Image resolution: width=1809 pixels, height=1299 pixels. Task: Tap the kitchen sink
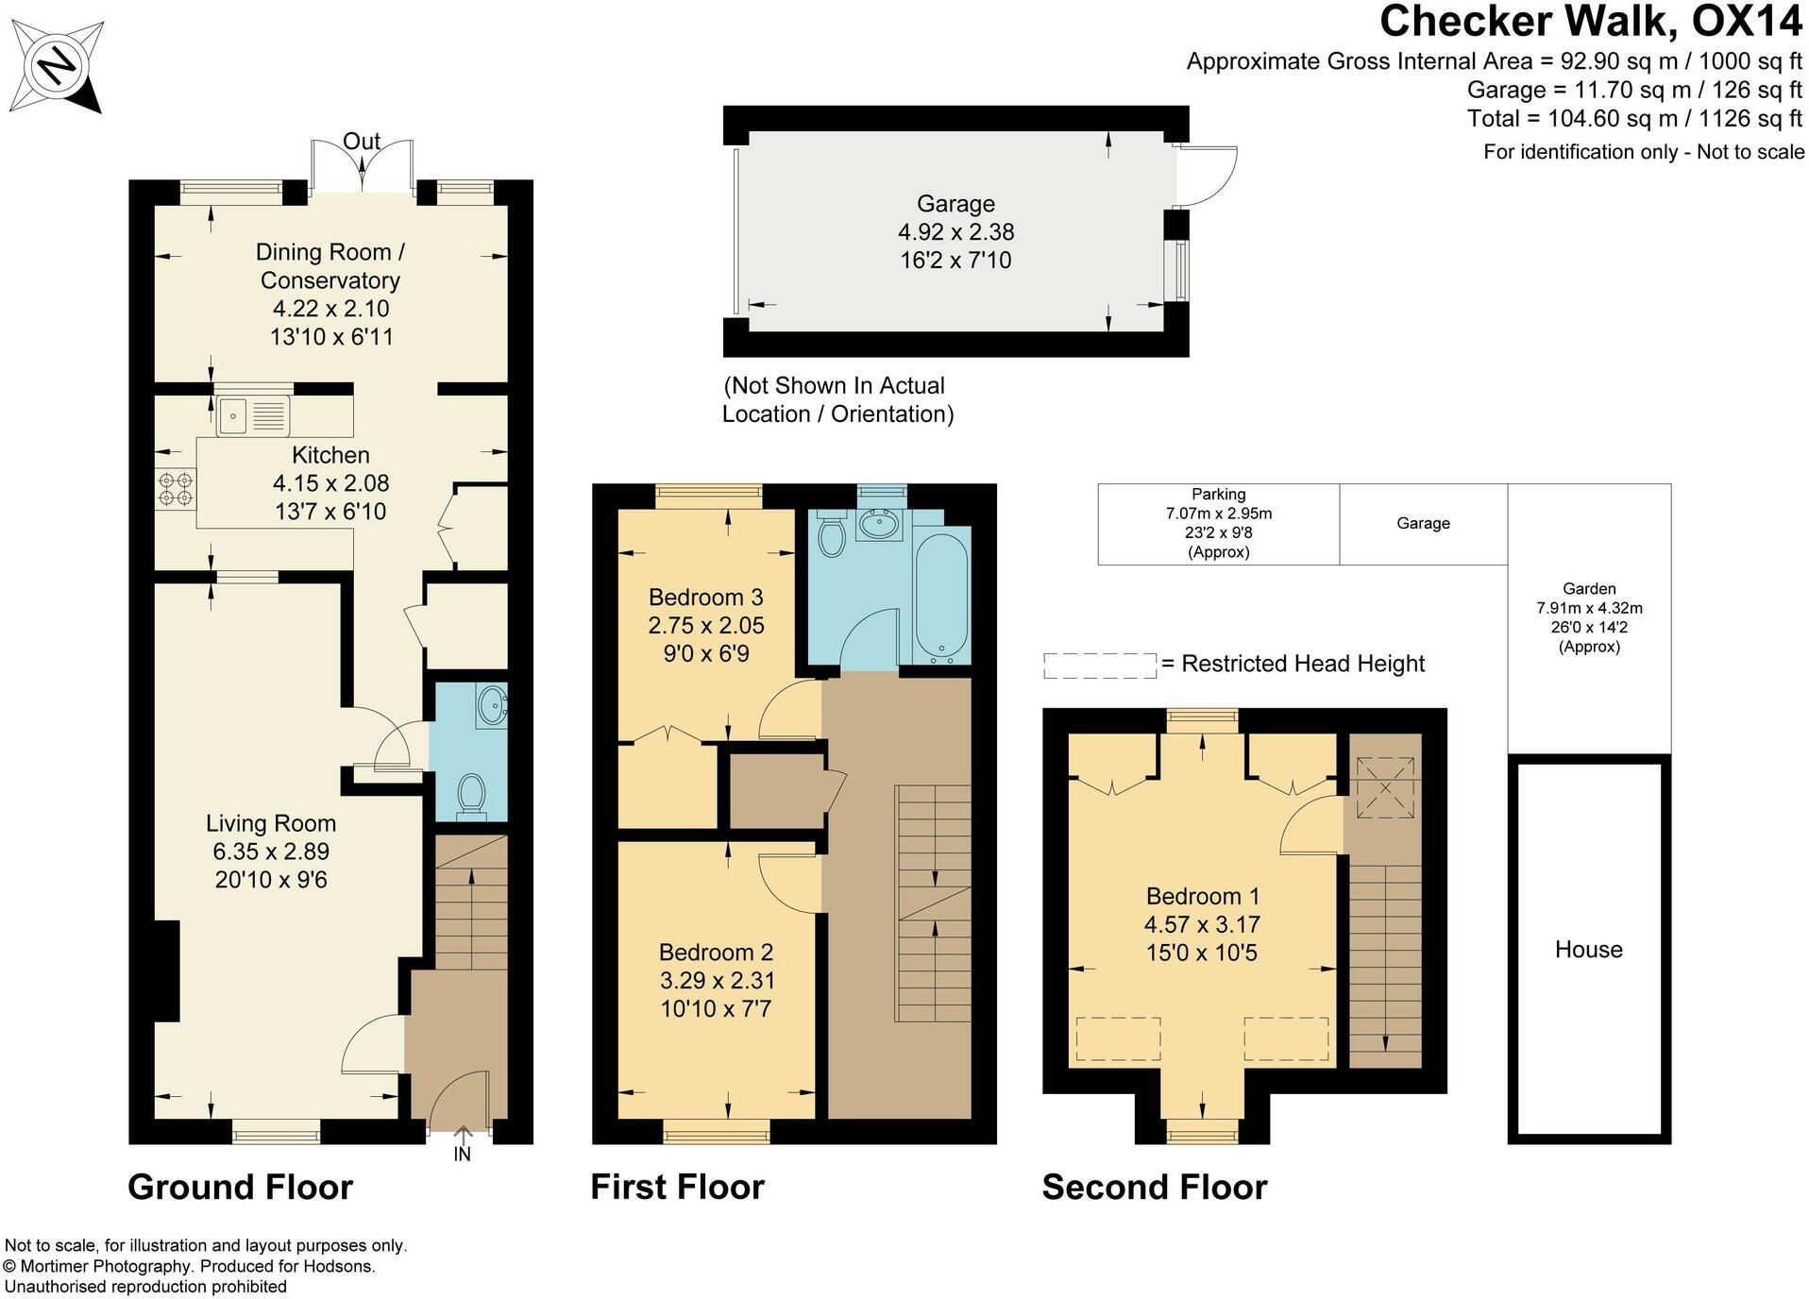(253, 415)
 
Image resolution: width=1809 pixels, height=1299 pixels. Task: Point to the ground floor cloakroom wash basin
(492, 704)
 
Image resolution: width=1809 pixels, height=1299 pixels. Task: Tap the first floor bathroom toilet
(831, 534)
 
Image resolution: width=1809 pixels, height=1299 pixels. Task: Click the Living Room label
(271, 823)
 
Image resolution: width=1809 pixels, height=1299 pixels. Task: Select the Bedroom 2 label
(716, 952)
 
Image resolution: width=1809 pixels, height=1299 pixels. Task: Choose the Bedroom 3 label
(705, 597)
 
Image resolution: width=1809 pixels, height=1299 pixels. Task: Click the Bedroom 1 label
(1202, 896)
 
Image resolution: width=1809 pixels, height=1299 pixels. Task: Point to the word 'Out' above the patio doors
(362, 142)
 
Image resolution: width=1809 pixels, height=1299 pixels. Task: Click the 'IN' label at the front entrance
(462, 1154)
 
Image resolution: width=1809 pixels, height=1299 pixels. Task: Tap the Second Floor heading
(1155, 1187)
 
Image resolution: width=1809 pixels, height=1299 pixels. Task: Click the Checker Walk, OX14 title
(1591, 21)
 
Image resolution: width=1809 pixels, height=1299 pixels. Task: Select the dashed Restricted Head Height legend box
(1100, 666)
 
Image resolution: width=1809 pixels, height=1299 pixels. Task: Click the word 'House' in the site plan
(1589, 949)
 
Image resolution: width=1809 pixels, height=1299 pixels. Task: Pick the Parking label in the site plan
(1218, 494)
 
